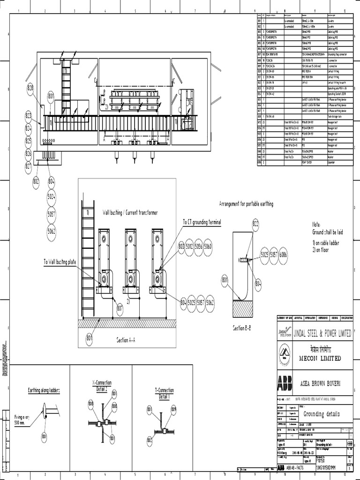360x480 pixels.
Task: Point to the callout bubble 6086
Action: coord(283,255)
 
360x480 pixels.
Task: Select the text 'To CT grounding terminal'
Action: coord(202,222)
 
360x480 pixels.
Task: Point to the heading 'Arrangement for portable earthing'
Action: coord(246,204)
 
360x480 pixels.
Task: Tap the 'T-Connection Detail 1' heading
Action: coord(164,393)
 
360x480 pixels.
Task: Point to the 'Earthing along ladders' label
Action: coord(44,390)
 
